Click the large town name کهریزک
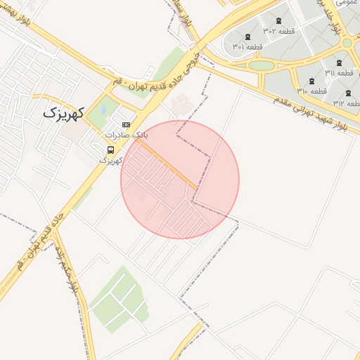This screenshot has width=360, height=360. tap(63, 112)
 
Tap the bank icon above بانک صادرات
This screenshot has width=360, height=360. tap(126, 124)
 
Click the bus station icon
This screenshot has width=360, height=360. tap(110, 150)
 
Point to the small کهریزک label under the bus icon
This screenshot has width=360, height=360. tap(110, 161)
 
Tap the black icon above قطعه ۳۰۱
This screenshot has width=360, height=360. tap(247, 37)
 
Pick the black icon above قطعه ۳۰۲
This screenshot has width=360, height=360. tap(278, 20)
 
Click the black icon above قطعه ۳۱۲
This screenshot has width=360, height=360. tap(348, 94)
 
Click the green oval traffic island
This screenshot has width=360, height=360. tap(261, 65)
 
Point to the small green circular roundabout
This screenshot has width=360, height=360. tap(346, 43)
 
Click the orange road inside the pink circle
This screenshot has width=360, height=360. tap(167, 163)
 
